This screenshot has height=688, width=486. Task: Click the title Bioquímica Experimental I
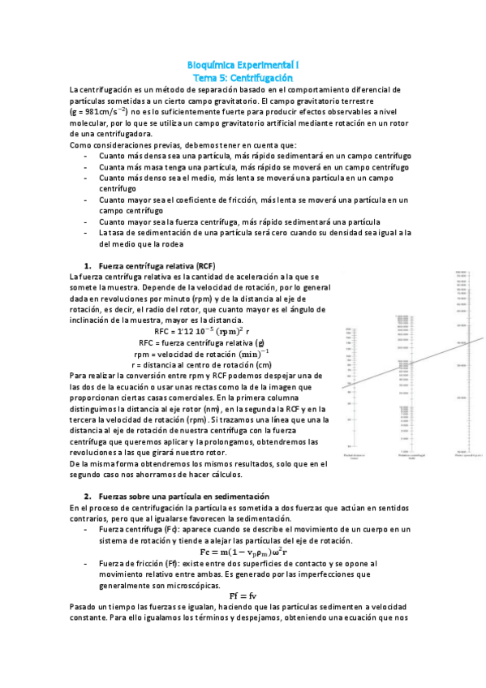click(x=243, y=63)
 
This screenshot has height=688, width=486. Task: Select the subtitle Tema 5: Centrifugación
click(x=243, y=75)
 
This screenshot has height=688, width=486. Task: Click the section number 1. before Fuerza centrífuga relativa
click(x=88, y=265)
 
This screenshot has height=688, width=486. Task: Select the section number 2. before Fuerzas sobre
click(x=88, y=495)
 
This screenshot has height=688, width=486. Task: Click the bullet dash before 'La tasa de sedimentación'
click(x=87, y=232)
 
